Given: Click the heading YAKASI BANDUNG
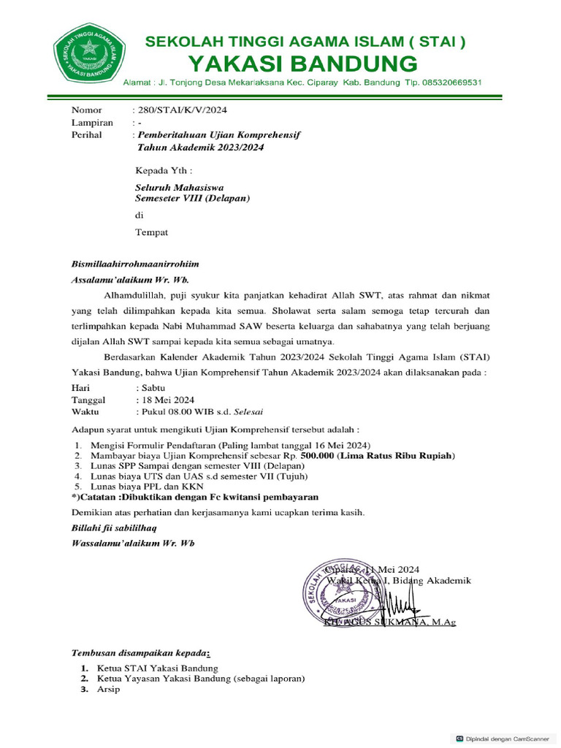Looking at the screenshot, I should pyautogui.click(x=303, y=63).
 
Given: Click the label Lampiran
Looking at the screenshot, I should pyautogui.click(x=92, y=123).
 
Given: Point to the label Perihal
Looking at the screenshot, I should pyautogui.click(x=87, y=135).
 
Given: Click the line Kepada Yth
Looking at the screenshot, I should pyautogui.click(x=164, y=171).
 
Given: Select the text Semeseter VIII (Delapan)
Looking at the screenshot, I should pyautogui.click(x=193, y=198).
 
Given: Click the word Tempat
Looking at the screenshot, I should pyautogui.click(x=152, y=232).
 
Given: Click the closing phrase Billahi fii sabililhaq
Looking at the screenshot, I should pyautogui.click(x=113, y=527).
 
